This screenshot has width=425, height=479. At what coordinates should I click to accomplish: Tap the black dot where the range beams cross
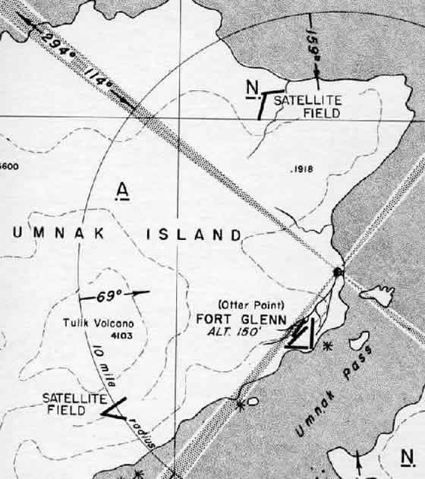(x=338, y=272)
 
